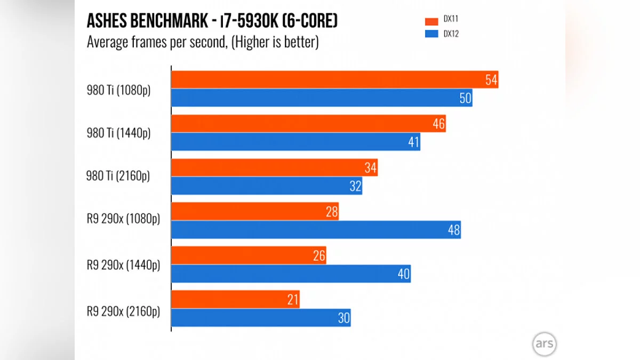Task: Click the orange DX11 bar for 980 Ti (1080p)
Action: [334, 80]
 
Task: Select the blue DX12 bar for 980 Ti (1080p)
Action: [322, 98]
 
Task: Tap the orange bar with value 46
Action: [308, 124]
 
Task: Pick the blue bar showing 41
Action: [295, 142]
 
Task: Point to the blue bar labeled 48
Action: [316, 230]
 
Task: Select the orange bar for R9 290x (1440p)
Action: [249, 256]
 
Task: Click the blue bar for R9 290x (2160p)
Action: [261, 318]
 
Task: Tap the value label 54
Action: [491, 80]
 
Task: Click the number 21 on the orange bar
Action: [292, 300]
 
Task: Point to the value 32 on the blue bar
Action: [355, 187]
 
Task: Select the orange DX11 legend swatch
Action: [431, 21]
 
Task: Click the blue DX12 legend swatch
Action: [431, 34]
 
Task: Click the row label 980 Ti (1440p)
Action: [119, 133]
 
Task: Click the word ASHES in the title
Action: [107, 22]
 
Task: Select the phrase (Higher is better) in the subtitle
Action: [275, 42]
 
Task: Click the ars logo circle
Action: [544, 345]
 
